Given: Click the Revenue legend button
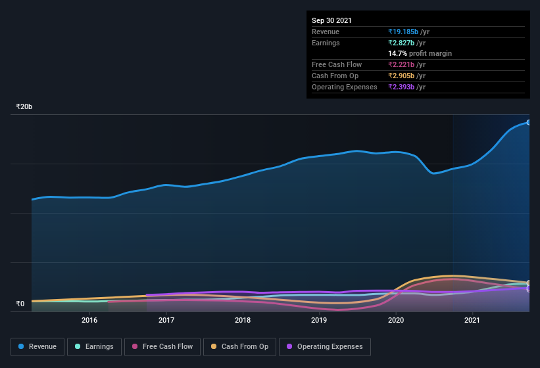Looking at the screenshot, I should pos(37,346).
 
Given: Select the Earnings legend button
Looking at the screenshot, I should pos(95,346).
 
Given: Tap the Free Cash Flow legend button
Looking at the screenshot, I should pos(163,346).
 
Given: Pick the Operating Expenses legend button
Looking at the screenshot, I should pos(325,346).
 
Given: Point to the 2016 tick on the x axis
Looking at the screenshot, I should pos(89,321).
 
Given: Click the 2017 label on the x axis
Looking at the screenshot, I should pos(166,321).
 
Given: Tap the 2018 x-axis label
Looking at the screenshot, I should pos(243,321).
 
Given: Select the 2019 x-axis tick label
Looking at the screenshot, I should pos(319,321).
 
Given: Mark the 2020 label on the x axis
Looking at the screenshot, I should pos(396,321).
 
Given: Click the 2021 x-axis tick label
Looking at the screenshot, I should pos(472,321).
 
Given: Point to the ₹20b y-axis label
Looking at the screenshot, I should pos(24,106).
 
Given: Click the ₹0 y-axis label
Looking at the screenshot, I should pos(20,304).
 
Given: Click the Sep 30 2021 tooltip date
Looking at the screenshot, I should pos(331,20).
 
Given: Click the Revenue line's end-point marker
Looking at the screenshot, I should pos(528,122).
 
